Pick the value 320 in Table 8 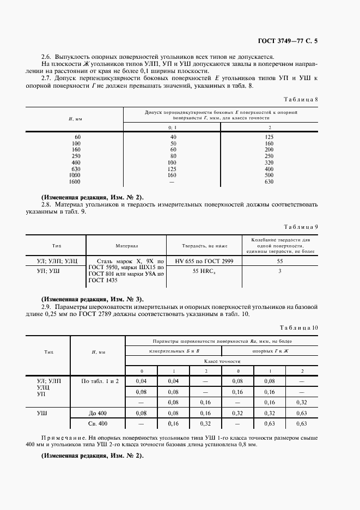tap(269, 162)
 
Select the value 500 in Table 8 tap(269, 175)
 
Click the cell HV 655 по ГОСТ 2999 tap(204, 262)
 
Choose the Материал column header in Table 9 tap(126, 246)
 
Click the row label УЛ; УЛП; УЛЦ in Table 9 tap(56, 262)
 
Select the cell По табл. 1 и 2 tap(100, 381)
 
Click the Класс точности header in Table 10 tap(222, 361)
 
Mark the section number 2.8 tap(47, 205)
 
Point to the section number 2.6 tap(47, 57)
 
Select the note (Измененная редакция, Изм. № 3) tap(93, 299)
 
